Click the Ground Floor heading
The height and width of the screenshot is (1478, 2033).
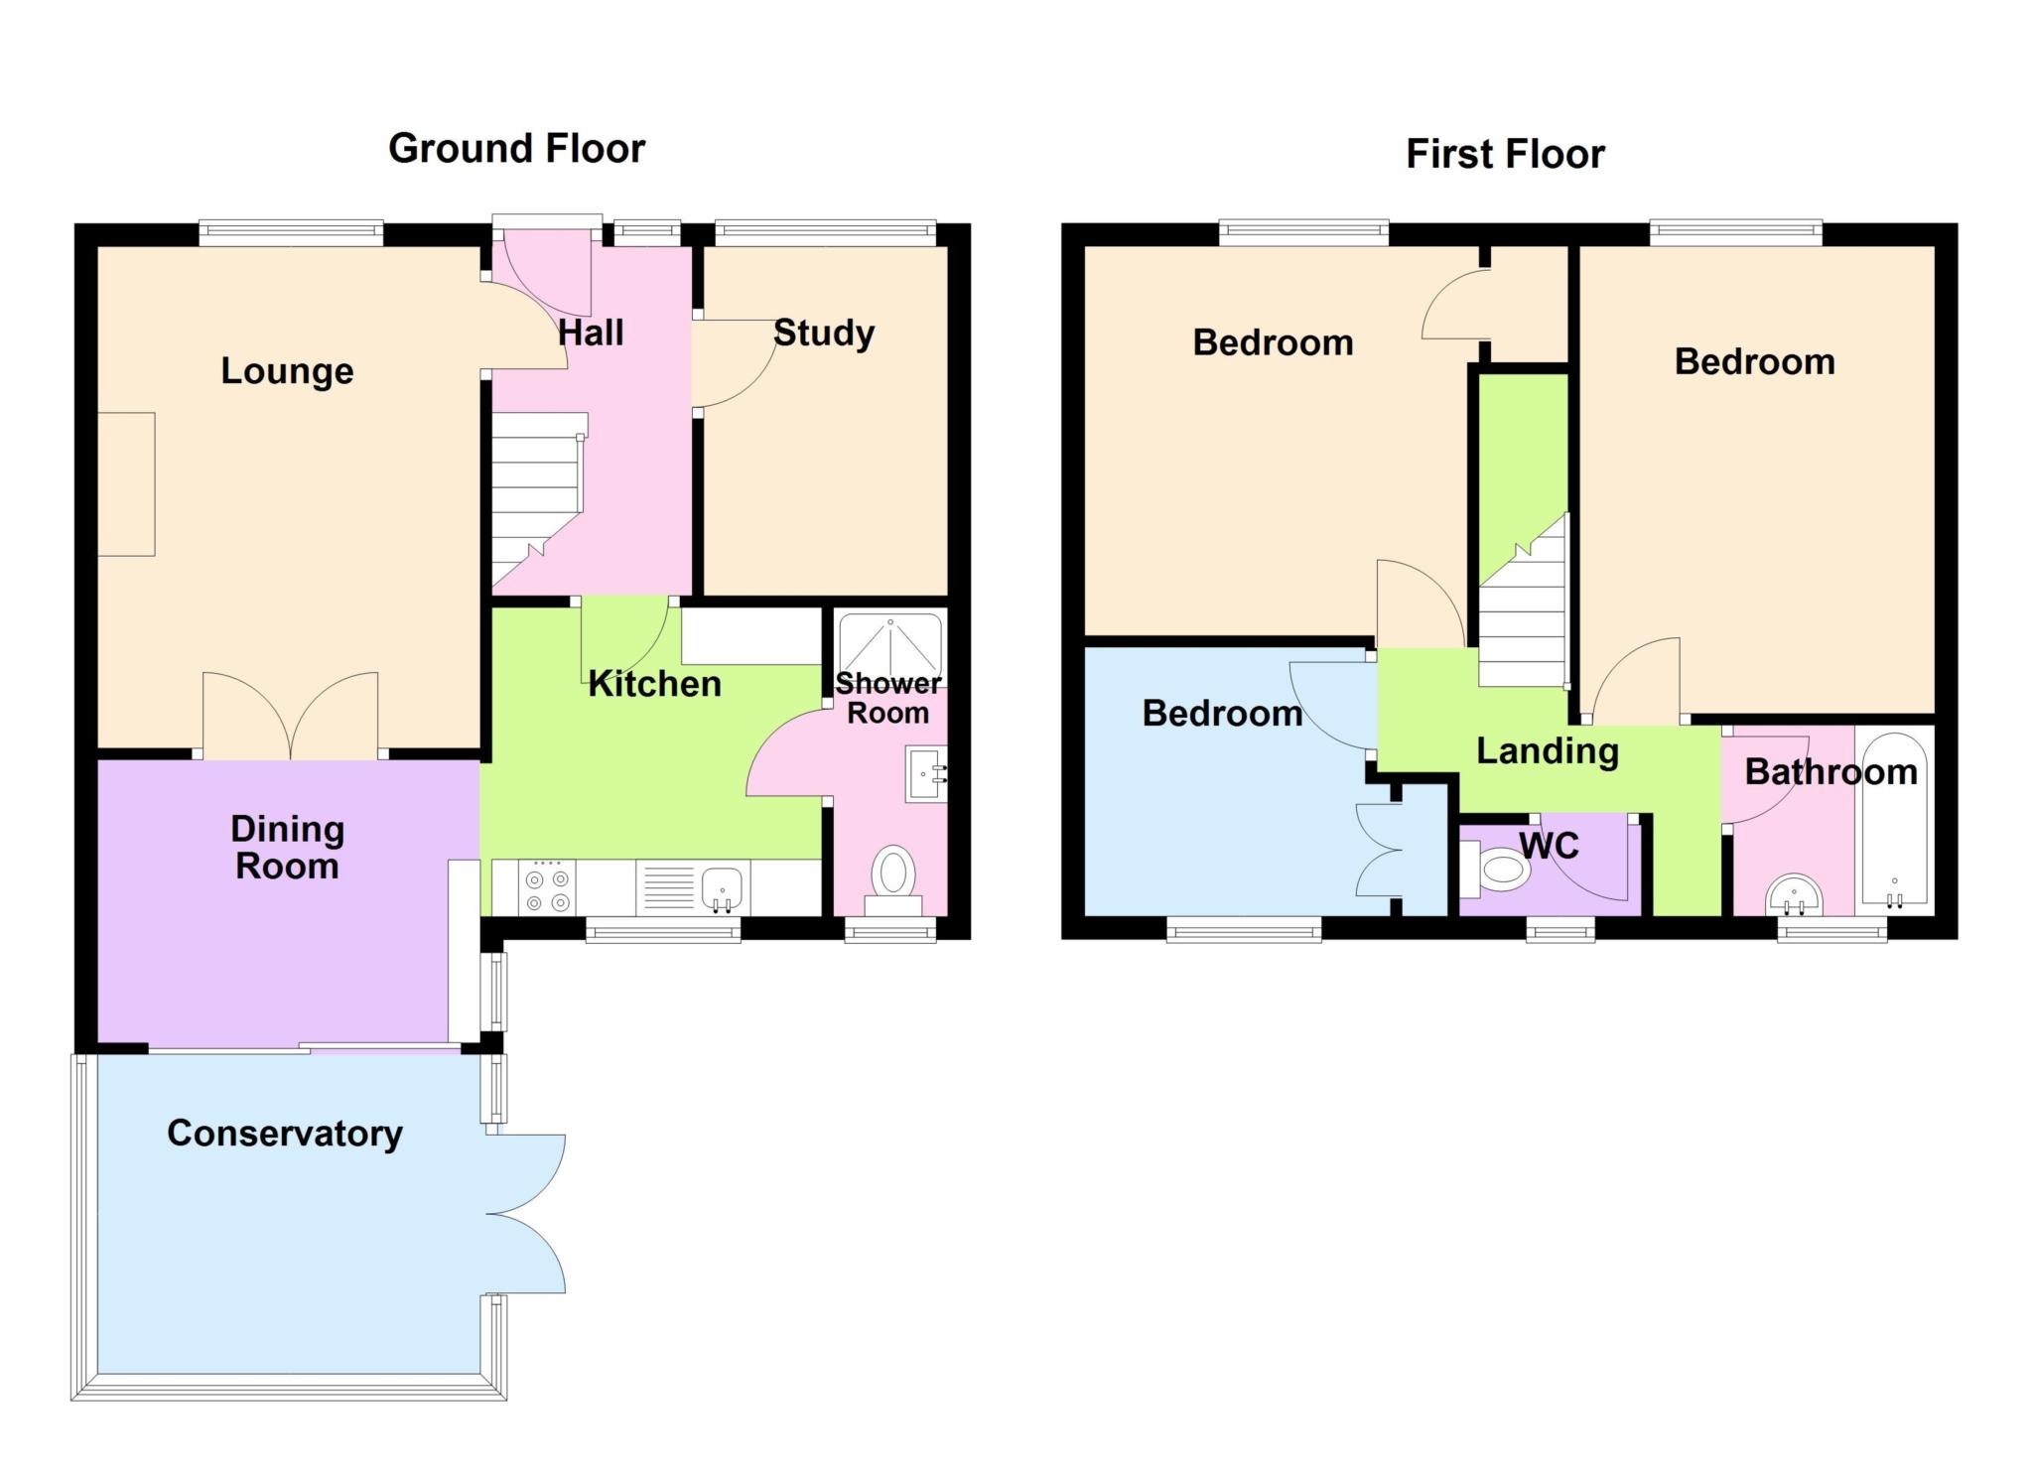[516, 149]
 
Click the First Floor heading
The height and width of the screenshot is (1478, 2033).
[1505, 155]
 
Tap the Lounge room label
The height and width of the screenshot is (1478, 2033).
[287, 371]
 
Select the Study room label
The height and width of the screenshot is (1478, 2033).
[824, 334]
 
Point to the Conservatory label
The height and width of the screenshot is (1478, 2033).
[285, 1134]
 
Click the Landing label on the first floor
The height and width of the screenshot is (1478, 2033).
[1548, 751]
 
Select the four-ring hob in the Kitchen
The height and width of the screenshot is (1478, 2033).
[548, 887]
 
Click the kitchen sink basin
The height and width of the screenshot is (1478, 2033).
[723, 887]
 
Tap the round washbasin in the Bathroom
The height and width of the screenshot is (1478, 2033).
[1795, 895]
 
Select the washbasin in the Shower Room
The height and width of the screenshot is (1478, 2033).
[926, 774]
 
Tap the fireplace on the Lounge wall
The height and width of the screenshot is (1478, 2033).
[126, 484]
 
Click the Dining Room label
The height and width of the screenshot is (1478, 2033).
[287, 848]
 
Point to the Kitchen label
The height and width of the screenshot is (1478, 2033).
[654, 684]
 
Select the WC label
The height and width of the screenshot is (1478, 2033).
[1549, 846]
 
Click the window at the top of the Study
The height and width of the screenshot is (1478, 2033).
[825, 234]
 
